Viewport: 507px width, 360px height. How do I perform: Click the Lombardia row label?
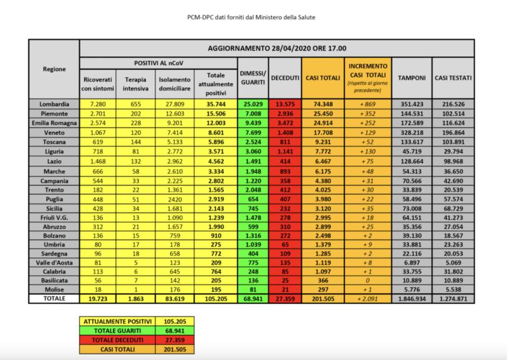coord(54,104)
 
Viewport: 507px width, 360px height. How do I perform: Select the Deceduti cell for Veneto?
coord(285,133)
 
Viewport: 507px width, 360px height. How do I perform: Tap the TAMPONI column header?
coord(411,78)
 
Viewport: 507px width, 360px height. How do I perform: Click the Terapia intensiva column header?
coord(135,84)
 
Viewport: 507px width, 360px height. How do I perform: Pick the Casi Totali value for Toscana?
coord(323,142)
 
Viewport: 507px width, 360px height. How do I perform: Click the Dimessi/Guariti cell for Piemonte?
coord(252,114)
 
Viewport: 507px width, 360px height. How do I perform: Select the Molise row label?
coord(54,289)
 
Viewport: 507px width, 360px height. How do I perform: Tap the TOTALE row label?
coord(54,298)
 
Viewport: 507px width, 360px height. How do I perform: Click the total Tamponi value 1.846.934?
coord(411,299)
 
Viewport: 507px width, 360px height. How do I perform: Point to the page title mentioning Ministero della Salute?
coord(251,18)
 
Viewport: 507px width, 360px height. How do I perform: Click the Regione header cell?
coord(54,69)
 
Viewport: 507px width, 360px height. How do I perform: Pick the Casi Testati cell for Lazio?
coord(453,161)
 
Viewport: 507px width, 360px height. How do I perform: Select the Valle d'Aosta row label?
coord(54,262)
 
